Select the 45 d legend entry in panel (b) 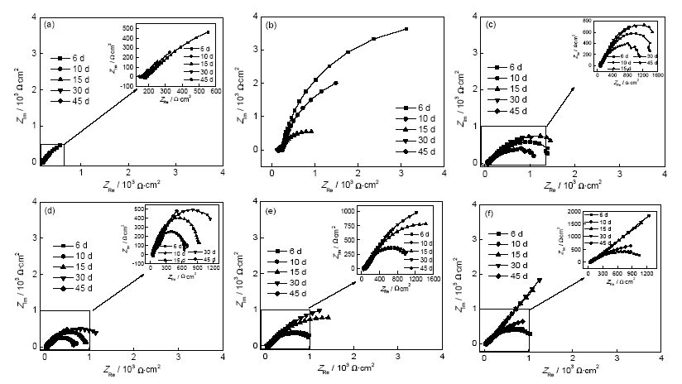[x=414, y=155]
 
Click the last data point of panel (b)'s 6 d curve [x=406, y=29]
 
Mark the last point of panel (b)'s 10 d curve [x=336, y=83]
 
